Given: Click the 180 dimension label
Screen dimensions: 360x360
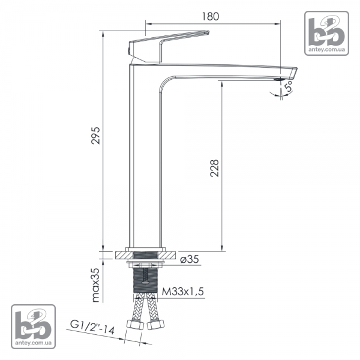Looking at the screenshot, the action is pyautogui.click(x=211, y=16).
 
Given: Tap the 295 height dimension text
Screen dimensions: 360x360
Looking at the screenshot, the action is pyautogui.click(x=96, y=136).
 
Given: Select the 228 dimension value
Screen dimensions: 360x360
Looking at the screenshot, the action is pyautogui.click(x=214, y=168).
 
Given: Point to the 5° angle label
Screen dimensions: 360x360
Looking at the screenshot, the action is pyautogui.click(x=289, y=86).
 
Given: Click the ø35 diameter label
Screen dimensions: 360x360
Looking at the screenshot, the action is pyautogui.click(x=190, y=259).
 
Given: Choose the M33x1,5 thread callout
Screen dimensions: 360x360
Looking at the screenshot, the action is pyautogui.click(x=183, y=292).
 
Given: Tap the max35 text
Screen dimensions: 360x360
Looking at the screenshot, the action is pyautogui.click(x=96, y=285).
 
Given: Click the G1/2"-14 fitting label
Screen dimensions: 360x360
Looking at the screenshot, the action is pyautogui.click(x=92, y=328).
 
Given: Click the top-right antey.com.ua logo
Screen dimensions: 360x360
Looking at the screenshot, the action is pyautogui.click(x=326, y=33).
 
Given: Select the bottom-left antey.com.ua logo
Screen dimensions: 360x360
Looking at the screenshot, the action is pyautogui.click(x=33, y=326).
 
